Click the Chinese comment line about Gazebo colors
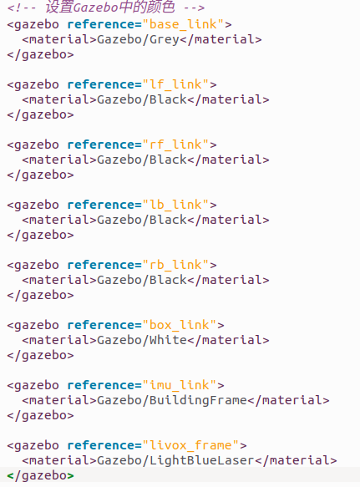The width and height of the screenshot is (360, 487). tap(106, 8)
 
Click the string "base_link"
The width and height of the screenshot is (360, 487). tap(183, 24)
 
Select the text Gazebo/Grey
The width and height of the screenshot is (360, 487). tap(138, 40)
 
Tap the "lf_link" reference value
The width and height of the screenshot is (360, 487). tap(175, 84)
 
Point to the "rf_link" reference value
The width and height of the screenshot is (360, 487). tap(175, 145)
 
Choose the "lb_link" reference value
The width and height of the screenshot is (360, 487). tap(175, 205)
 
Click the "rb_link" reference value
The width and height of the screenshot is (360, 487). tap(175, 265)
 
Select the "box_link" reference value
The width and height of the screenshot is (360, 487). tap(180, 325)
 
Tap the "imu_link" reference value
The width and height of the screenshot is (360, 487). tap(180, 385)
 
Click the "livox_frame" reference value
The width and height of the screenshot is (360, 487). tap(190, 445)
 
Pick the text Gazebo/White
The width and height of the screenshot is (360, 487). tap(142, 340)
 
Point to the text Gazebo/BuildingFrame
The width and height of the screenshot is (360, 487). tap(172, 400)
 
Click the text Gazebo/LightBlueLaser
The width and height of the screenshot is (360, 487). tap(175, 460)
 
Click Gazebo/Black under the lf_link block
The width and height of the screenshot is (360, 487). tap(142, 99)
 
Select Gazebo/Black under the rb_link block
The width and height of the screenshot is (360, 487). tap(142, 280)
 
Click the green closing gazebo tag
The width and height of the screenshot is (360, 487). tap(40, 476)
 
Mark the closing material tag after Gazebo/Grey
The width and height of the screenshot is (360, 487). tap(221, 40)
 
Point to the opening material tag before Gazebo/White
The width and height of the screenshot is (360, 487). tap(59, 340)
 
